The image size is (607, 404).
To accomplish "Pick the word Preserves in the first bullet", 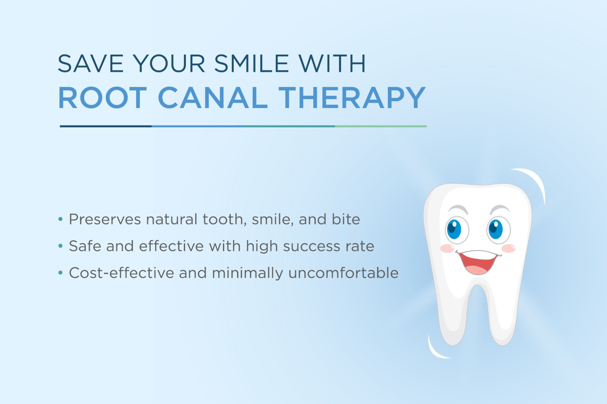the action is pos(105,219).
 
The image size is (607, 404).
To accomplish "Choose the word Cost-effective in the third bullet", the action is pos(121,272).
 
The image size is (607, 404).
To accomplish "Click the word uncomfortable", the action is pos(343,272).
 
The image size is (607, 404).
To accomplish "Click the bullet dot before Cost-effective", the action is pos(60,272).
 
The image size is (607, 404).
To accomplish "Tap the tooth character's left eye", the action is pos(457,230).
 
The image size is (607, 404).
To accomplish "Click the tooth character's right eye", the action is pos(498,230).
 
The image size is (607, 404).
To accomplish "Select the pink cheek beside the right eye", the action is pos(508,248).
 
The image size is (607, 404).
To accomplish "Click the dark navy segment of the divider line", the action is pos(106,126).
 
